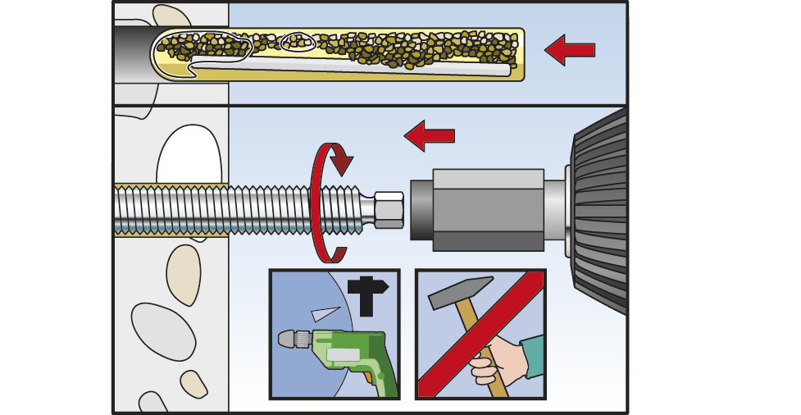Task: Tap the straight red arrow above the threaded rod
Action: coord(429,135)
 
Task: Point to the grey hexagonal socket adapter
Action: coord(487,210)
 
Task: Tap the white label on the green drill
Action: coord(343,354)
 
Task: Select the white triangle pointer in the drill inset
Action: coord(325,312)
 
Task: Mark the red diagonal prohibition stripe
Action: coord(480,335)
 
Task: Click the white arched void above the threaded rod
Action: coord(188,156)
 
